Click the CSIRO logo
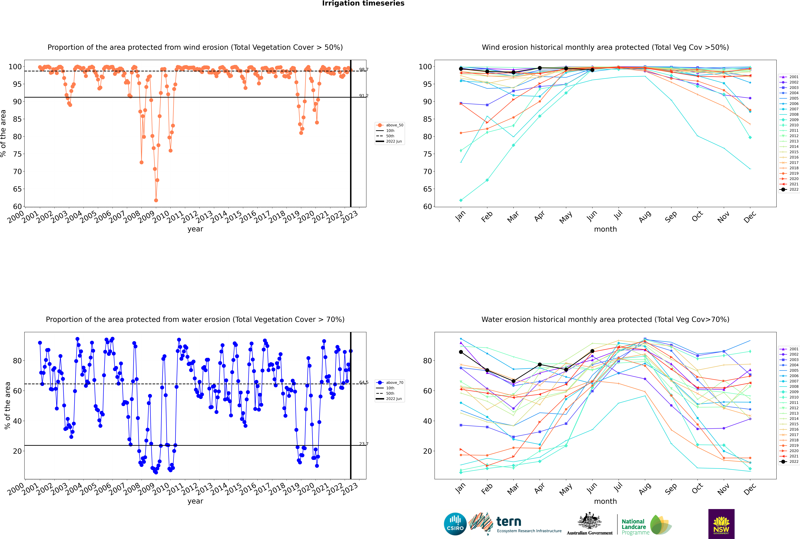point(455,524)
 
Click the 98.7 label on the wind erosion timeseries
point(364,70)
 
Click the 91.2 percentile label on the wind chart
point(364,96)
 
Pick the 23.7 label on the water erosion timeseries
point(364,444)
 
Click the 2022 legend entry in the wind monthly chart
point(794,189)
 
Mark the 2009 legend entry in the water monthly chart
point(794,392)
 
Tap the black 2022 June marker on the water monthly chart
point(592,351)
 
